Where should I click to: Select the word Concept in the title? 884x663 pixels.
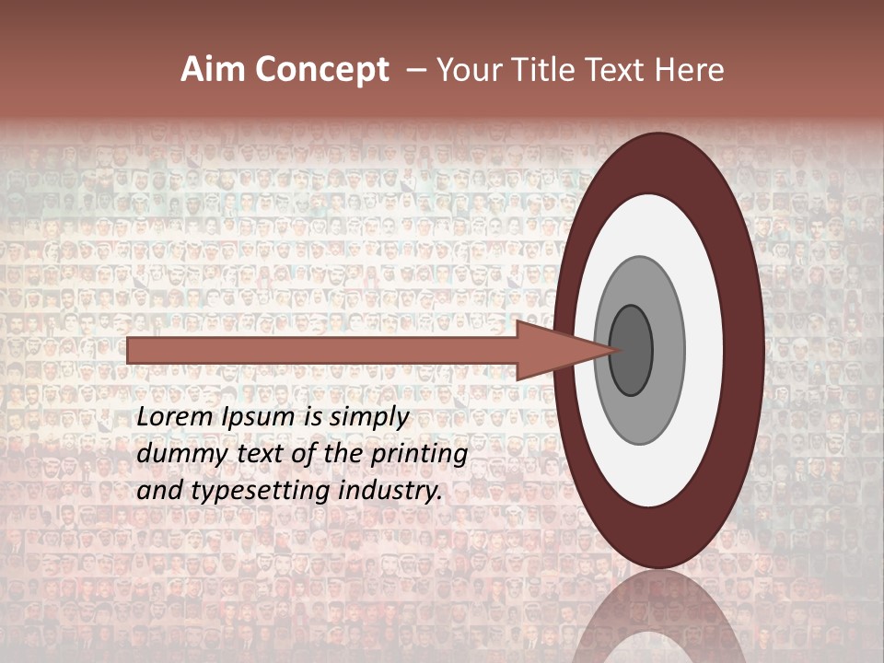[322, 70]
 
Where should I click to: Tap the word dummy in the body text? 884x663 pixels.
[178, 455]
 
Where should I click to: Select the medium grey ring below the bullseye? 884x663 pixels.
[640, 419]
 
